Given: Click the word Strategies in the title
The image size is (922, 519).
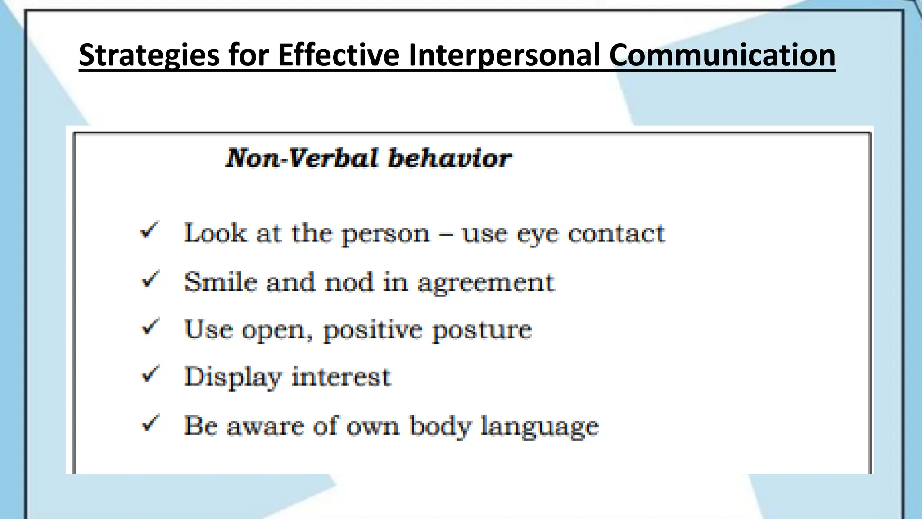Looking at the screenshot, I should [149, 55].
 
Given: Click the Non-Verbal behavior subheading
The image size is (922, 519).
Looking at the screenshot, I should [368, 158].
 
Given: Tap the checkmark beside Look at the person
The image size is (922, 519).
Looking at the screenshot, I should [149, 231].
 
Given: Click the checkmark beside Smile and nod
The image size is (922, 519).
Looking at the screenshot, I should [150, 280].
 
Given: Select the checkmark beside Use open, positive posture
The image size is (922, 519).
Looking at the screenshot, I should [150, 327].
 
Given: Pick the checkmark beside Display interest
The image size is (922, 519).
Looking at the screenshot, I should [150, 374].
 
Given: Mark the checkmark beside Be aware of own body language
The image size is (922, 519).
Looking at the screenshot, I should [150, 423].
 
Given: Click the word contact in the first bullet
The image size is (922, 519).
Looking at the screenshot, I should [616, 233].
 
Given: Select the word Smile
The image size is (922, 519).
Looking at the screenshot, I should [221, 282].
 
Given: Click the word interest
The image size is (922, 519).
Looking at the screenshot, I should [341, 377].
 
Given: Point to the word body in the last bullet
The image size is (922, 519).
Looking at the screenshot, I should [440, 426].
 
